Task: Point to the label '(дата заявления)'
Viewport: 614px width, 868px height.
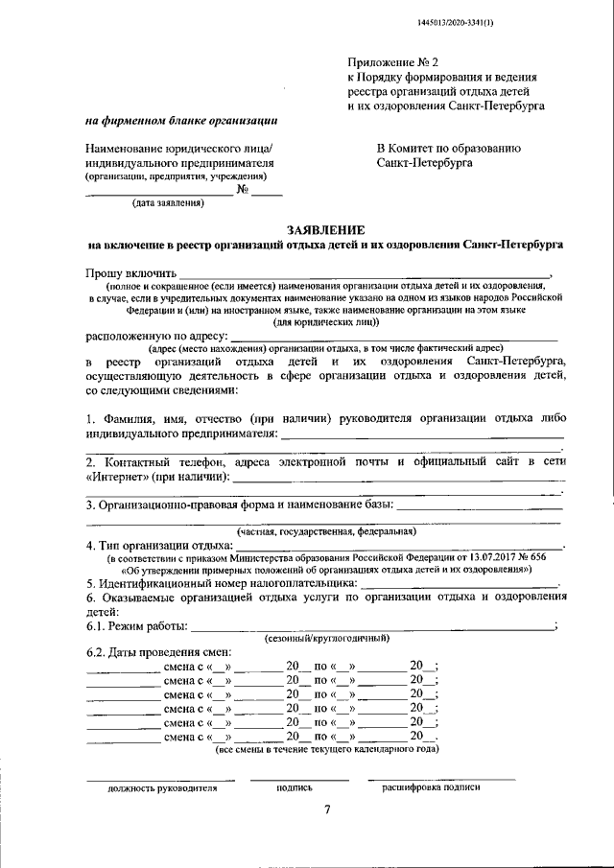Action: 169,203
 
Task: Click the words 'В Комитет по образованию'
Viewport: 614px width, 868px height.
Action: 449,148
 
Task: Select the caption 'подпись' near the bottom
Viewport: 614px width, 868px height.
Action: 294,786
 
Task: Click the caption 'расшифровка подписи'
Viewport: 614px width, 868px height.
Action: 431,786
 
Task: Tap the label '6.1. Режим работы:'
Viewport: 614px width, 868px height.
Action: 137,626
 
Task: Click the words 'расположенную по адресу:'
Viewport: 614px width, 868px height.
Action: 157,337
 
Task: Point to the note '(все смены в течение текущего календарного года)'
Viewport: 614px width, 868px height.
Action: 326,749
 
